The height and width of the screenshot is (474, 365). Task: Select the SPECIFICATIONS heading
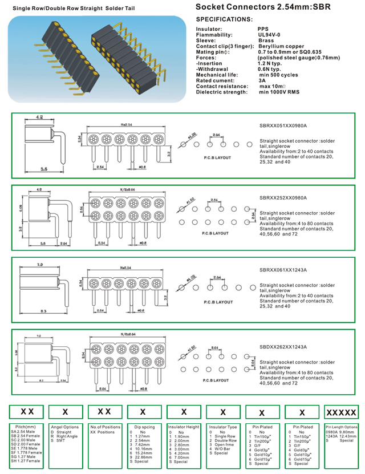click(x=224, y=19)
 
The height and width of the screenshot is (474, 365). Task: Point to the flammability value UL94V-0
click(x=269, y=34)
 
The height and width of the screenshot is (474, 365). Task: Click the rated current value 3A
click(x=262, y=80)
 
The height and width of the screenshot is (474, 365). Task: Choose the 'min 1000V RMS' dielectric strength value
click(x=280, y=92)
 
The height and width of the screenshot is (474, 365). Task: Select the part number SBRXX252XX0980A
click(x=283, y=198)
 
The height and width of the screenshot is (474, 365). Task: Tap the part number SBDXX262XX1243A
click(x=283, y=346)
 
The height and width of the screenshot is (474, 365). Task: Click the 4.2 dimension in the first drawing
click(x=39, y=118)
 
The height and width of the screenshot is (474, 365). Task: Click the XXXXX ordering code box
click(x=341, y=412)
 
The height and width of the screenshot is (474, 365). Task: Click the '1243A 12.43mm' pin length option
click(x=341, y=436)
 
